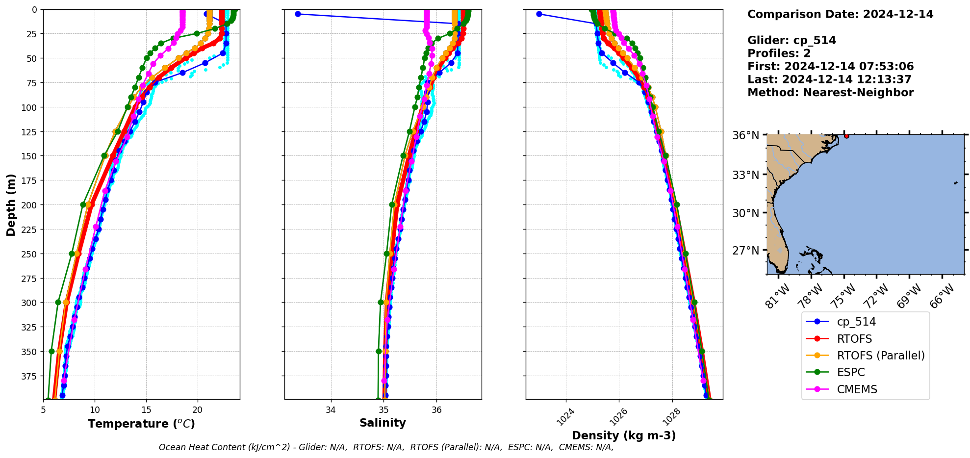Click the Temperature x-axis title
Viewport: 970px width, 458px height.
point(141,424)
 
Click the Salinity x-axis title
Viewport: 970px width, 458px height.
point(383,423)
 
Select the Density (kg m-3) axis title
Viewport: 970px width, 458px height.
point(624,435)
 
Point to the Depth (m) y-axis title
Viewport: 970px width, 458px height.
point(11,204)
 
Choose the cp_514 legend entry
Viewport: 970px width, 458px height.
point(856,322)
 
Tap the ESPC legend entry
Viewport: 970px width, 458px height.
point(851,373)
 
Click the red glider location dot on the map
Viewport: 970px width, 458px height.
point(846,136)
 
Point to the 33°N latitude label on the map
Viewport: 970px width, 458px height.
point(745,175)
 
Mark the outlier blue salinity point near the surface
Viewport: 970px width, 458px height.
point(298,14)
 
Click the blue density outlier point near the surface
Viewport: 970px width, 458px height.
point(539,14)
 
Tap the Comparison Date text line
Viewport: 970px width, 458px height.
point(840,14)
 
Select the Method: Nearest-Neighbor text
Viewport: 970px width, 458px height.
point(830,93)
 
